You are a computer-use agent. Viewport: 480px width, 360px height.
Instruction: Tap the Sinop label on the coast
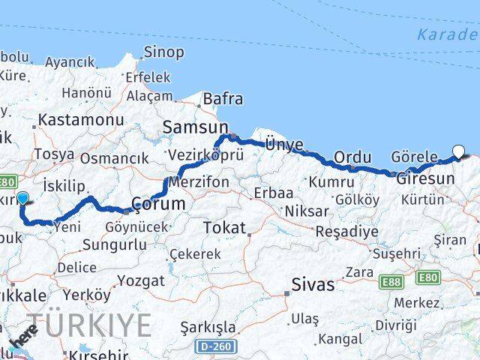163,52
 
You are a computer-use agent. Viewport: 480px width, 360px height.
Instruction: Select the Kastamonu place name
81,120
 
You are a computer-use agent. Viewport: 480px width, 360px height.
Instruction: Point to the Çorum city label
157,204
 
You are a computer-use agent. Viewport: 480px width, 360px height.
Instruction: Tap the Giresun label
425,179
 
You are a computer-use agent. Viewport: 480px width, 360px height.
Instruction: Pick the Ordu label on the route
352,157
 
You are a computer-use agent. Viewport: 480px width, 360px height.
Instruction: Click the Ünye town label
284,145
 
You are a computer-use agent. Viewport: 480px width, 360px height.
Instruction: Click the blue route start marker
22,199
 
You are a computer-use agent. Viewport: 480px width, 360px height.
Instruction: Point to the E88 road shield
391,281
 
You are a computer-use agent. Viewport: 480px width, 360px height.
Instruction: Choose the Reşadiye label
346,232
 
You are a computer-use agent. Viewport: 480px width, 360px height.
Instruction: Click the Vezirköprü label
196,154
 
